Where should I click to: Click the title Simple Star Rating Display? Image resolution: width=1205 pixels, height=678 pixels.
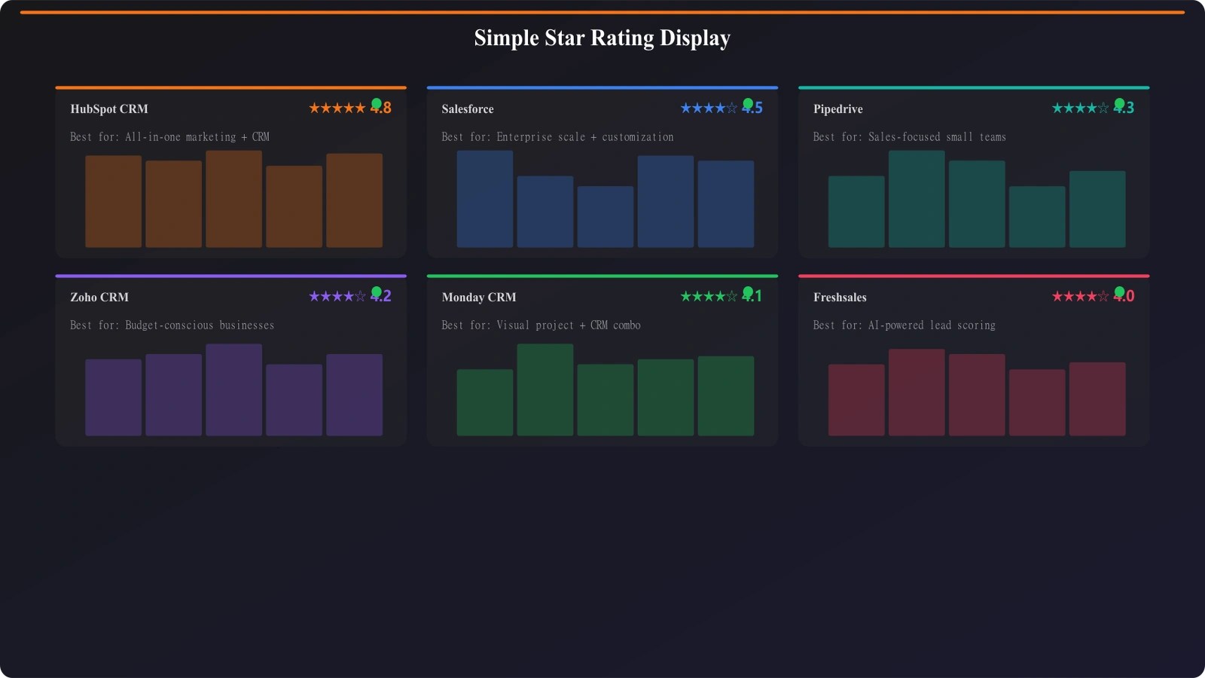(602, 38)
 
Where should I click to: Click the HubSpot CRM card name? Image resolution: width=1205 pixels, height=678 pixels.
(109, 109)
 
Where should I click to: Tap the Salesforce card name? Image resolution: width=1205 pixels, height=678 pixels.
(468, 109)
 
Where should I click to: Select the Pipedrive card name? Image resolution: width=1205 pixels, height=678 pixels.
(837, 109)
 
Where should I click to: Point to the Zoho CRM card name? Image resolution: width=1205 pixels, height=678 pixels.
(99, 298)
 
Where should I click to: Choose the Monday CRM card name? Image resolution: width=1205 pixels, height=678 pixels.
(479, 298)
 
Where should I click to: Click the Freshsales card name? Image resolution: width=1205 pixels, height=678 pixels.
(840, 298)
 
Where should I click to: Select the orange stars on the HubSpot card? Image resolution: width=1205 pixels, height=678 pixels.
(337, 108)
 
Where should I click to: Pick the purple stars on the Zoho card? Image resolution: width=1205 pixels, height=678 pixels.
(337, 297)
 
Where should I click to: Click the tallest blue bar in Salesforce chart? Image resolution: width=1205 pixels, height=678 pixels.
(485, 199)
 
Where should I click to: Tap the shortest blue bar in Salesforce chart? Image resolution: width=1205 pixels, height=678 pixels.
(606, 217)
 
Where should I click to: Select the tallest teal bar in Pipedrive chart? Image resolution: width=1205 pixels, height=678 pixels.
(917, 199)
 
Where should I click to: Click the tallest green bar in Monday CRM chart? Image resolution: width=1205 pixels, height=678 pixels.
(545, 389)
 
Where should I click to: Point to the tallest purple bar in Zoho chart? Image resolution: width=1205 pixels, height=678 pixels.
(234, 389)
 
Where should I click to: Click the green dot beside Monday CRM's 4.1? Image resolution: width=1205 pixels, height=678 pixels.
(748, 292)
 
